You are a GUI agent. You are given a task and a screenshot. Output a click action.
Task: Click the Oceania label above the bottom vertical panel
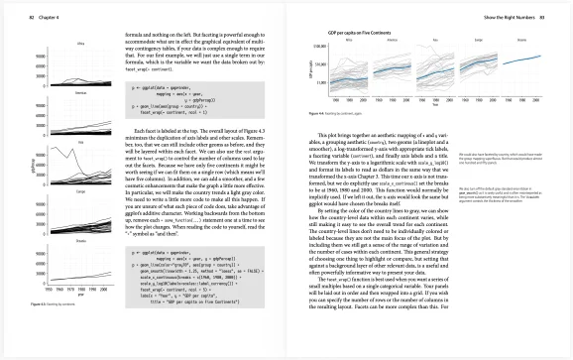point(79,241)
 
